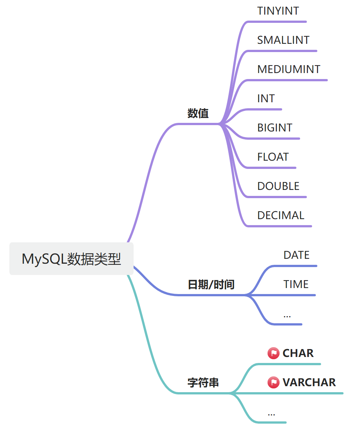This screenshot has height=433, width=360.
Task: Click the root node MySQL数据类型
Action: click(71, 259)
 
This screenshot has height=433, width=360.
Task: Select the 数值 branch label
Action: click(198, 113)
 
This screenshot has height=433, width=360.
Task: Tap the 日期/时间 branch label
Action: click(211, 285)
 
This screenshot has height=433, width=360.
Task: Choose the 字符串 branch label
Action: click(203, 383)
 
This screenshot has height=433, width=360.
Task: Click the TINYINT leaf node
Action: click(278, 11)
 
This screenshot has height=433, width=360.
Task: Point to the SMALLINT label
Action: click(283, 40)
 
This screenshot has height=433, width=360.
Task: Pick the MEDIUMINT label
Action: click(289, 70)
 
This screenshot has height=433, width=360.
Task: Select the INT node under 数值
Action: click(266, 99)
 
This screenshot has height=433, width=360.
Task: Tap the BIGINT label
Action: click(275, 128)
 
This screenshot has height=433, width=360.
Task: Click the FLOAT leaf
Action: click(273, 157)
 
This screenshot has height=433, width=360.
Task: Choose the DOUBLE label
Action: click(278, 187)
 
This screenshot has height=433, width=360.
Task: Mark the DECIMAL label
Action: click(281, 216)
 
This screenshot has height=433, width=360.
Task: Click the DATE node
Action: click(296, 255)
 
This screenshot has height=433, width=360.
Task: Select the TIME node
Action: click(296, 285)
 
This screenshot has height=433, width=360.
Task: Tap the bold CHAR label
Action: click(298, 353)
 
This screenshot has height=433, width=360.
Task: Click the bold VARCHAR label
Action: click(309, 382)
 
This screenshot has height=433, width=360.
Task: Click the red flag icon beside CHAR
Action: click(274, 353)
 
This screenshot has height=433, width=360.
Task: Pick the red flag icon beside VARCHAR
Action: click(274, 382)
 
